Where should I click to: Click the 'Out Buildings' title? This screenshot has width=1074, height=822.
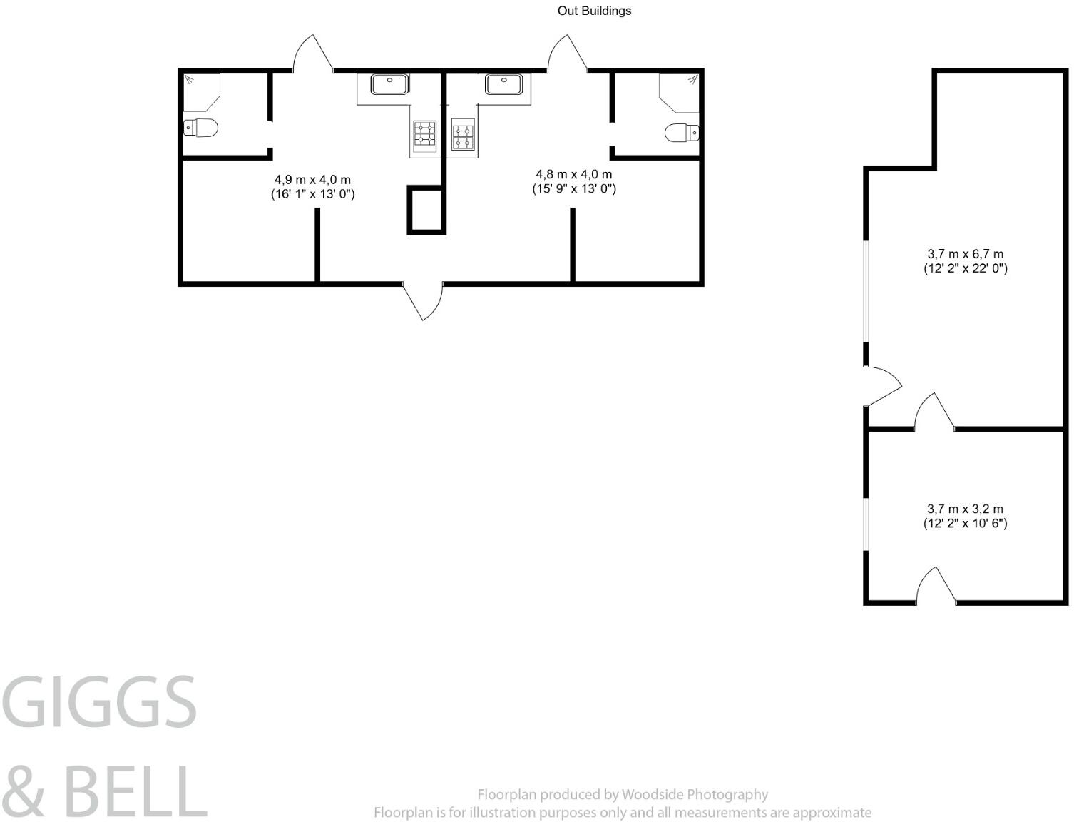point(594,11)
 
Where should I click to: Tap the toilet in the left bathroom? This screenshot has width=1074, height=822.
point(200,128)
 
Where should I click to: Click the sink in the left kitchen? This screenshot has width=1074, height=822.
point(389,84)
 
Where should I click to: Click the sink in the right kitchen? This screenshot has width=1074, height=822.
point(503,84)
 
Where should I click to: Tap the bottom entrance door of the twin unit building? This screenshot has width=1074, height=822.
point(424,300)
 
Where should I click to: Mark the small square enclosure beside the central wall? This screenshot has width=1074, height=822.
point(426,210)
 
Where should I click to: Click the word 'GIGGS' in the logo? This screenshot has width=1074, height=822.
point(100,703)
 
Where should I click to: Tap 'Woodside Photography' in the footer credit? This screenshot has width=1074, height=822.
point(695,794)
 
